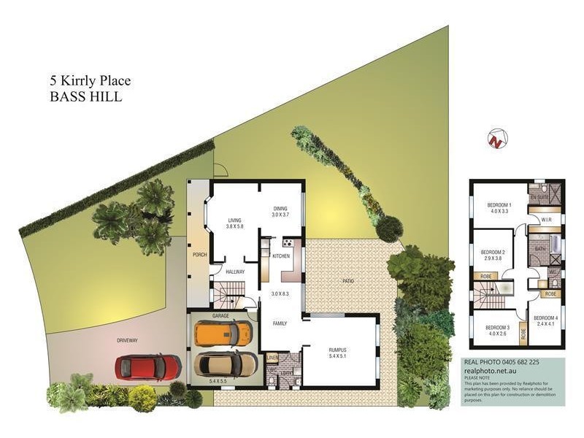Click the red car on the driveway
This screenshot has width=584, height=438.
(x=148, y=366)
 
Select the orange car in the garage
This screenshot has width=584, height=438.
(x=224, y=333)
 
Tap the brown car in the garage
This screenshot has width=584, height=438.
(x=227, y=363)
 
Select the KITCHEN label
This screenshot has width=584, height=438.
(x=282, y=257)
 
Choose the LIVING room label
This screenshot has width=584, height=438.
(x=234, y=220)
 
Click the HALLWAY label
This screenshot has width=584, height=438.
(x=234, y=272)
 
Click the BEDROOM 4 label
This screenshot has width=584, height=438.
(x=545, y=319)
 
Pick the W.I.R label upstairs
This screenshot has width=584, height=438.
(x=545, y=220)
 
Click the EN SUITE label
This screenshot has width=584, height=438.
(x=539, y=197)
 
